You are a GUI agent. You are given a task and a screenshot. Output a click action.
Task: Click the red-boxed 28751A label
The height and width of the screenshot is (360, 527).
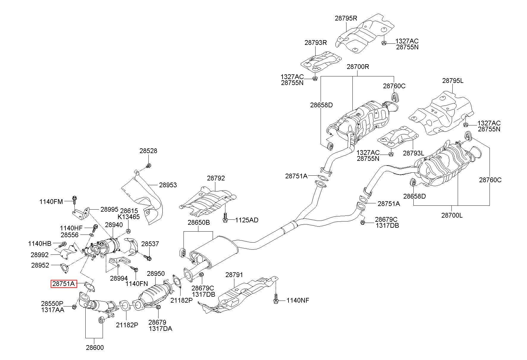click(64, 284)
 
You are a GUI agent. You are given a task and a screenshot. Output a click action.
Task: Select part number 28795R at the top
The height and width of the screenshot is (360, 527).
click(346, 18)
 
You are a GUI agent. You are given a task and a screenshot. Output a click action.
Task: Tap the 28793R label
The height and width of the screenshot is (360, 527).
click(316, 43)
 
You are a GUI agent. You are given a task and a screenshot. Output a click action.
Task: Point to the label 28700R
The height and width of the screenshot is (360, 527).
click(358, 67)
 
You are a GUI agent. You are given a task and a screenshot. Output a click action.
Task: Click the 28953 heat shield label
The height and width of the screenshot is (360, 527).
click(168, 185)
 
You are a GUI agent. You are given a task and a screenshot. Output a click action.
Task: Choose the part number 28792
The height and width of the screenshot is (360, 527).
click(216, 178)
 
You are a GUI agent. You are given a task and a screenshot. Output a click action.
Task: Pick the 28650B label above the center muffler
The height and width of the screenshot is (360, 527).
click(199, 222)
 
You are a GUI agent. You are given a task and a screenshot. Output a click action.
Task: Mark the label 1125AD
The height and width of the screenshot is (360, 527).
click(247, 220)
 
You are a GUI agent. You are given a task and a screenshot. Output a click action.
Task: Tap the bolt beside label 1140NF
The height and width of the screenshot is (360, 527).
click(276, 300)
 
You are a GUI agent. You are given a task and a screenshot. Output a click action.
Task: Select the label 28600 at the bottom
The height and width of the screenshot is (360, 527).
click(95, 348)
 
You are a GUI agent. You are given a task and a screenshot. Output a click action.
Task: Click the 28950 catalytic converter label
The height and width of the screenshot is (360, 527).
click(156, 273)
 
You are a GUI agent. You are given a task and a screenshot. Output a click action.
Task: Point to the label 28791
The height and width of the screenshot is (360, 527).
click(234, 275)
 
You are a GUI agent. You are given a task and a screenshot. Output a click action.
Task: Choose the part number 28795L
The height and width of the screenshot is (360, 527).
click(453, 81)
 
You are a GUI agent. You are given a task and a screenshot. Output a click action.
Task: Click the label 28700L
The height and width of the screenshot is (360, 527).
click(452, 215)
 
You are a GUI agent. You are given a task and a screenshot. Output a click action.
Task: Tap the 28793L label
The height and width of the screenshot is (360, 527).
click(414, 153)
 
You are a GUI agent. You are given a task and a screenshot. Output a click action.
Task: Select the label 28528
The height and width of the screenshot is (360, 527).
click(148, 151)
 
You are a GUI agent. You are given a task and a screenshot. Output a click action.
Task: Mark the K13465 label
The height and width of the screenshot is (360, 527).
click(128, 217)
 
